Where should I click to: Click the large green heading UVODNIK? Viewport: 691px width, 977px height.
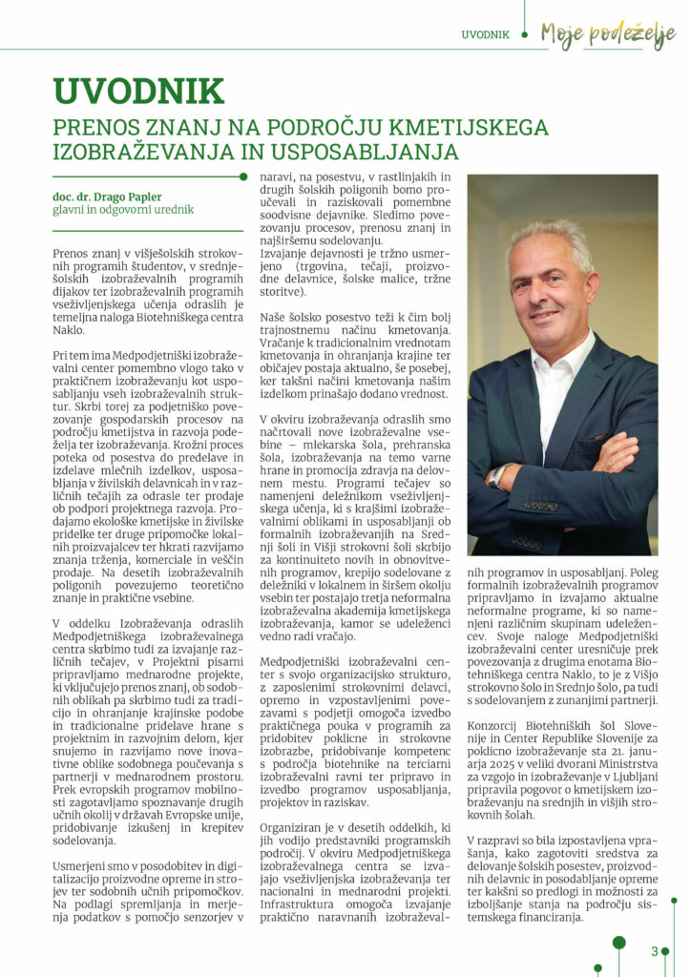coord(139,92)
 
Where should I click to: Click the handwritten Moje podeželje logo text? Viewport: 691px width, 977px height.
coord(607,34)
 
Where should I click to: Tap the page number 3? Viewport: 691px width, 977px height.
coord(655,950)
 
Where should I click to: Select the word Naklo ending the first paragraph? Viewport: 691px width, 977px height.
coord(71,329)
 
